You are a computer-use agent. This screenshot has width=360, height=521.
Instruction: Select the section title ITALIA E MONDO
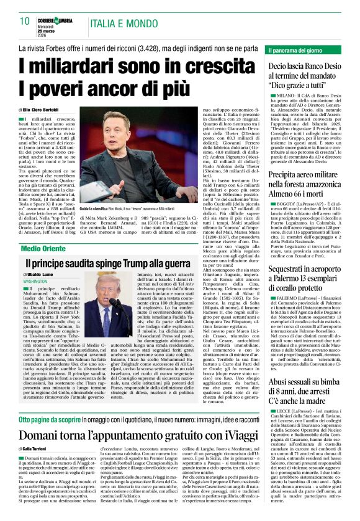120,23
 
